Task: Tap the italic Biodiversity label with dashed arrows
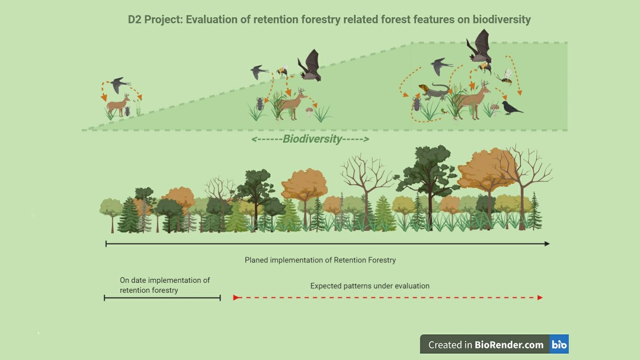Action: coord(310,139)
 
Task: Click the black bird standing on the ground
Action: coord(512,108)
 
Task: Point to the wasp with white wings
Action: coord(505,77)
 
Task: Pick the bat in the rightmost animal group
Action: coord(479,47)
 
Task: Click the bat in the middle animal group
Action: coord(310,66)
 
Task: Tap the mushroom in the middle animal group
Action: coord(309,111)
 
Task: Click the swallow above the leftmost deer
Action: coord(119,85)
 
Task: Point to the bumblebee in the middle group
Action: coord(282,70)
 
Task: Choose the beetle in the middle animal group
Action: coord(260,104)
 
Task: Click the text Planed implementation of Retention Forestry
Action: coord(320,260)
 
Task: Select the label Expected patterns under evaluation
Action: coord(370,286)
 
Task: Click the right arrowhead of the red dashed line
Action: coord(540,298)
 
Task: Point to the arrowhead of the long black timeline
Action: coord(547,244)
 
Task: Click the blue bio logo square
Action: coord(559,344)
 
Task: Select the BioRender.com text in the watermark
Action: coord(509,345)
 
